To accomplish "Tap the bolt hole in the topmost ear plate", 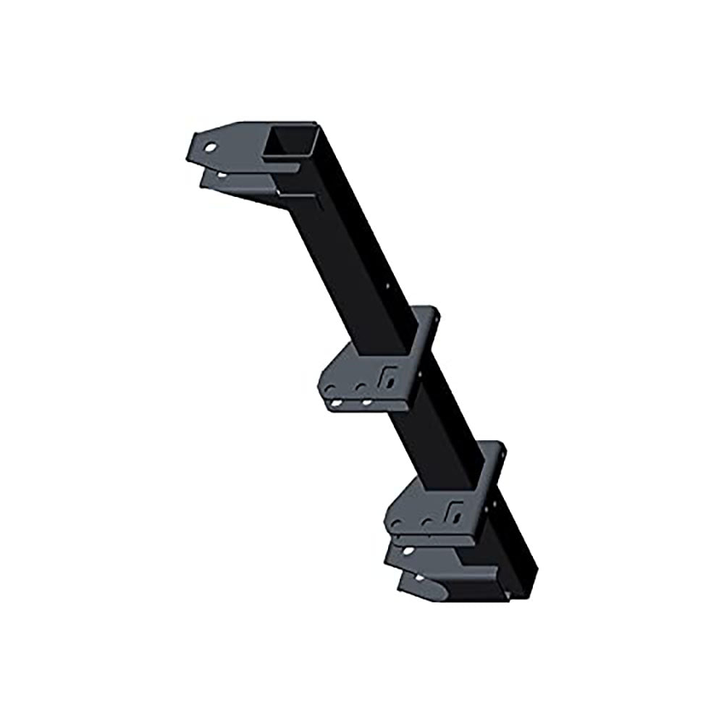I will (x=211, y=148).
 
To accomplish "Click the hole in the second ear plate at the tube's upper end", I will (x=219, y=174).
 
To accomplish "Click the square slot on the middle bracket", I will (x=389, y=377).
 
